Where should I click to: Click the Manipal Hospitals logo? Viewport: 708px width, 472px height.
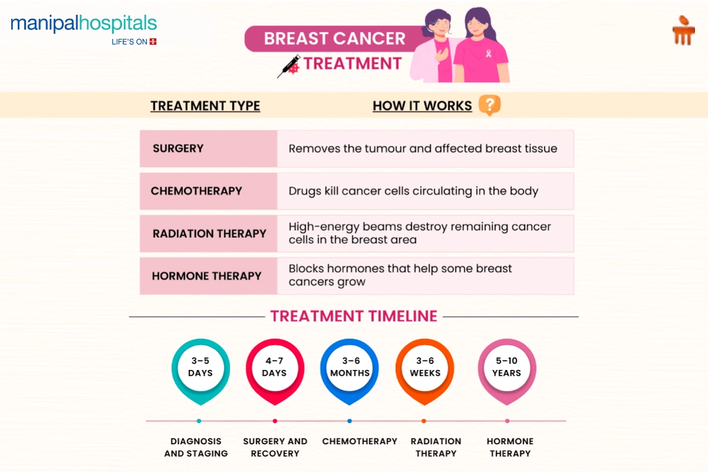[84, 29]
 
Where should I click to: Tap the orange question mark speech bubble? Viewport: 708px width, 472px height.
[489, 105]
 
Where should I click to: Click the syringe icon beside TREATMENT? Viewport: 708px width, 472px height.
[289, 66]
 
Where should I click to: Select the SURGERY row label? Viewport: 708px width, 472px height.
[178, 148]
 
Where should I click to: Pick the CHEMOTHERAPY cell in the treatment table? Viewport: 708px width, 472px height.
[196, 191]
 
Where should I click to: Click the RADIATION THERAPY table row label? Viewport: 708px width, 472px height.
[209, 234]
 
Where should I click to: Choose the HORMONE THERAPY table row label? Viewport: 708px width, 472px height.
[206, 276]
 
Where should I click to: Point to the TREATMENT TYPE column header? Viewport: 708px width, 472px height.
[205, 106]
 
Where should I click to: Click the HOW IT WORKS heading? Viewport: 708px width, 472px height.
[422, 106]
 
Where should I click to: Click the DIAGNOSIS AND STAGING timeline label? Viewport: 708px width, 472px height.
[196, 447]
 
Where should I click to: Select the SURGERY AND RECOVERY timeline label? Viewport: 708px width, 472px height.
[275, 447]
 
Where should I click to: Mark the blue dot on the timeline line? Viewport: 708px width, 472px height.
[349, 421]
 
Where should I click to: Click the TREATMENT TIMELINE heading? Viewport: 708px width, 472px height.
[353, 316]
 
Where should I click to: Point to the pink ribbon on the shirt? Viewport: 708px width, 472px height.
[489, 54]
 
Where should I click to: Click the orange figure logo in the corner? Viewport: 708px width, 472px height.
[683, 31]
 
